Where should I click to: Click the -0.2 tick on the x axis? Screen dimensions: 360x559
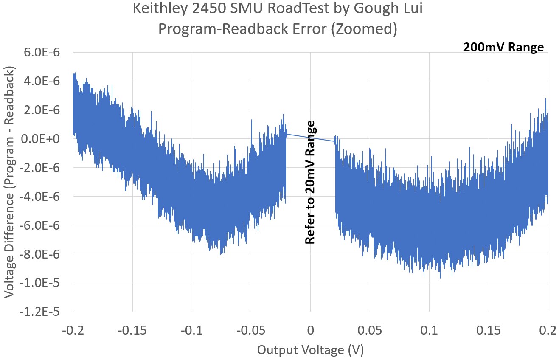tap(73, 331)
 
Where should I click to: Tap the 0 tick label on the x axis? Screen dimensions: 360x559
tap(310, 331)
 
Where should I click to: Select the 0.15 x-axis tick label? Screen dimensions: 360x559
tap(489, 331)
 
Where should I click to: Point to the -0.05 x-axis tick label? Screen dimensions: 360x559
tap(251, 331)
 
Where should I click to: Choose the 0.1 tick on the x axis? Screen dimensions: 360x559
tap(429, 331)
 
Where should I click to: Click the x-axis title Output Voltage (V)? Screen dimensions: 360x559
tap(310, 350)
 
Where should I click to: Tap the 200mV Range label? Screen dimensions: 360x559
tap(503, 48)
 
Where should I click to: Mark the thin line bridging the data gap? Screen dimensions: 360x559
tap(310, 138)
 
